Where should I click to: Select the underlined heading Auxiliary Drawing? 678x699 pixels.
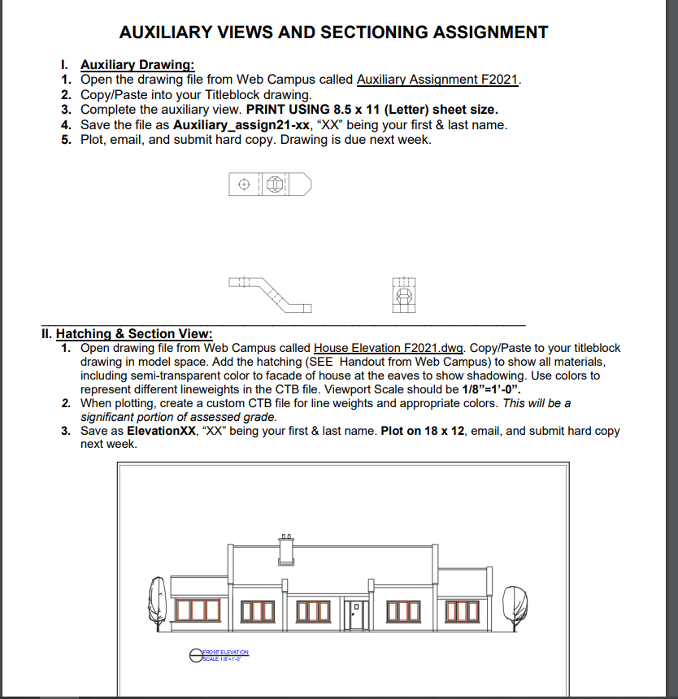coord(137,65)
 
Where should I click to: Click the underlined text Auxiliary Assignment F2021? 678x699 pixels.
coord(437,80)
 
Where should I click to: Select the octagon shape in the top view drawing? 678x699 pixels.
coord(276,185)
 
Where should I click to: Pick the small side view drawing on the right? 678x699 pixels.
coord(403,294)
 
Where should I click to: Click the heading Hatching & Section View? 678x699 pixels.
coord(134,333)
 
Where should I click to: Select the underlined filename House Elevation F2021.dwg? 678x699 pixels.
coord(389,348)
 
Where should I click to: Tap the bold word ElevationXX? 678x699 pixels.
coord(155,431)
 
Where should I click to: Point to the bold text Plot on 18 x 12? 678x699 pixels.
coord(422,431)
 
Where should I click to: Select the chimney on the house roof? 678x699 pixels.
coord(286,550)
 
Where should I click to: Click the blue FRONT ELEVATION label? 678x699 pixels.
coord(225,652)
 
